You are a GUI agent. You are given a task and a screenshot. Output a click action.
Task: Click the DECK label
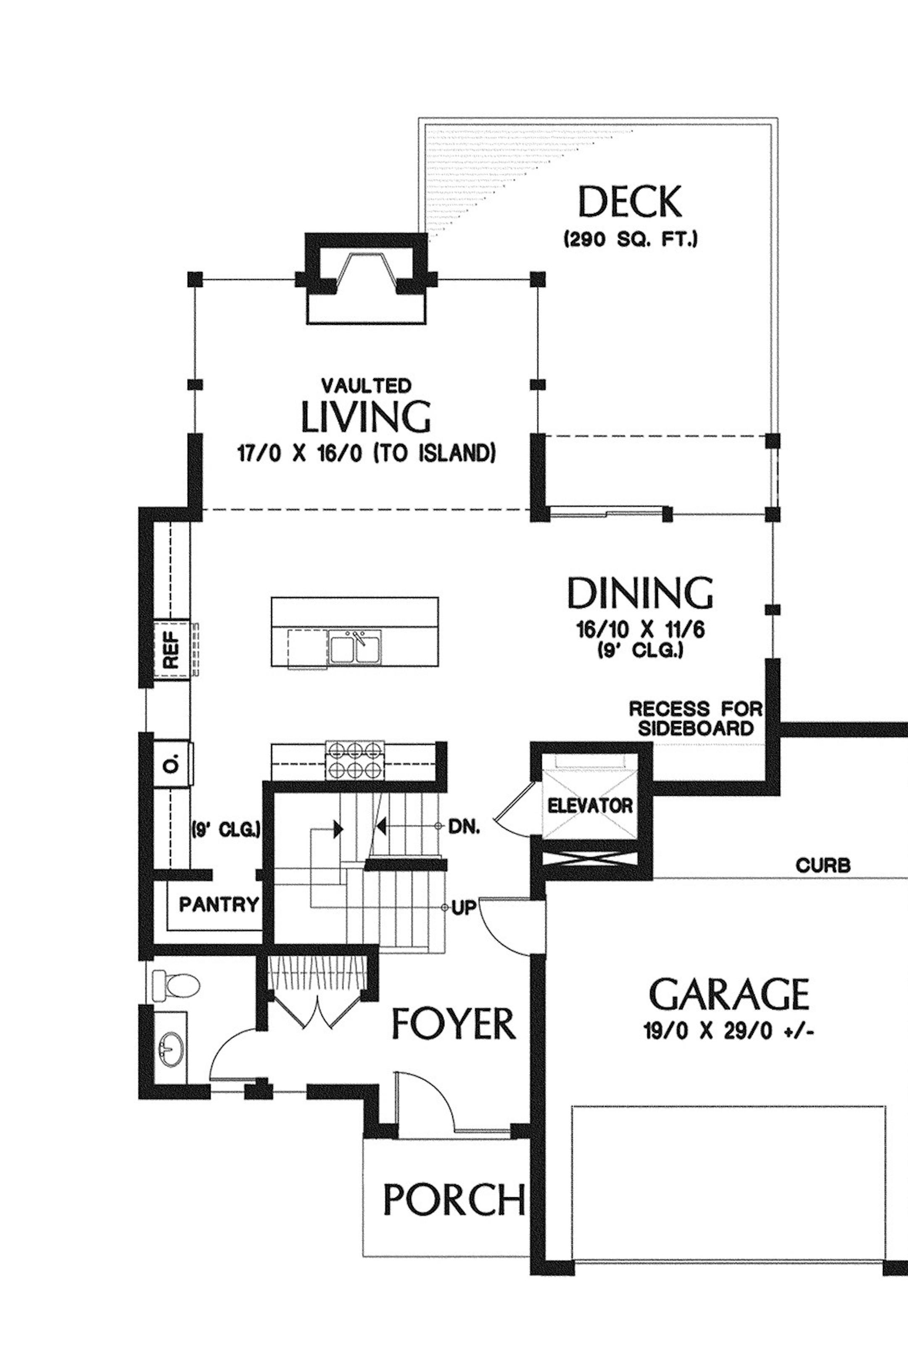point(630,202)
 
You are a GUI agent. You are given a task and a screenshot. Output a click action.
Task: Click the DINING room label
point(640,592)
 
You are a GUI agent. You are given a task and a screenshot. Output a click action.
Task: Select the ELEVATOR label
point(590,805)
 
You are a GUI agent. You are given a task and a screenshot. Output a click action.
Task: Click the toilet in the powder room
point(175,984)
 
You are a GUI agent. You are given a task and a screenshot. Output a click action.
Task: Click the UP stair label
point(463,909)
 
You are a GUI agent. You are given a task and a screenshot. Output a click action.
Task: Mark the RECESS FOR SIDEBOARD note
point(696,718)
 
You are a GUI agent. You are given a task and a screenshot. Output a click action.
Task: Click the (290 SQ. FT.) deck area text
point(630,240)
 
